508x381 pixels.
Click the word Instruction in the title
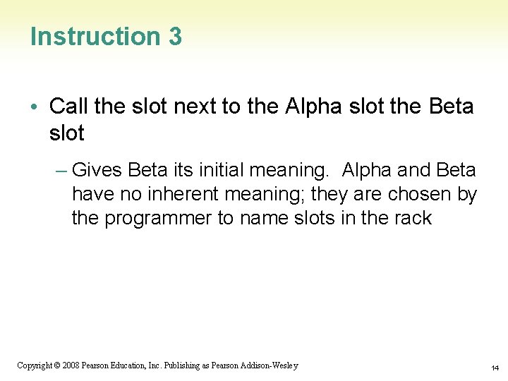(95, 37)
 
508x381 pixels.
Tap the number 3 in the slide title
(175, 37)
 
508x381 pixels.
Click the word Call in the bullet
(68, 107)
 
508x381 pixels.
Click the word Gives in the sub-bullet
(97, 170)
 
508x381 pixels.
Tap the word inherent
(175, 194)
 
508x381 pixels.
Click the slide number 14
(495, 368)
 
